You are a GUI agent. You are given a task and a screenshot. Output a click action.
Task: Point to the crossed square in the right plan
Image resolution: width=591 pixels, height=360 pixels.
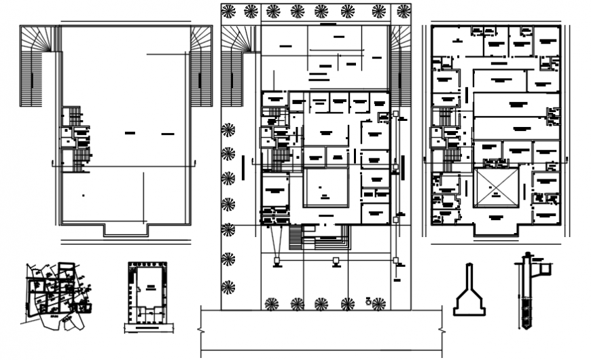tap(496, 188)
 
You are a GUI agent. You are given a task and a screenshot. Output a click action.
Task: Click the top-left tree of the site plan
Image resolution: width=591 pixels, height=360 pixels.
tap(229, 11)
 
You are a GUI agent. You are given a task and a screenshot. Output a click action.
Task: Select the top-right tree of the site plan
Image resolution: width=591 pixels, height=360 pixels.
tap(403, 11)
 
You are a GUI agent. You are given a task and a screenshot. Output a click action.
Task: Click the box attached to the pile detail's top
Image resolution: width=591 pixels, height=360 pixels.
tap(544, 269)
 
